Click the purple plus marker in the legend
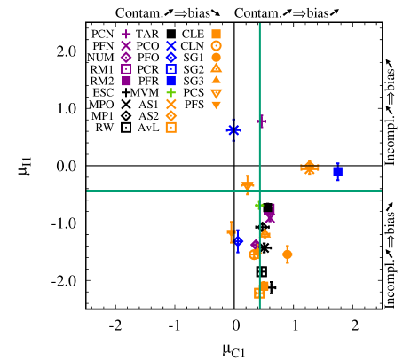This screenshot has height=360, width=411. (x=126, y=35)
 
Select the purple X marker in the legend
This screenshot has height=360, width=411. (x=126, y=45)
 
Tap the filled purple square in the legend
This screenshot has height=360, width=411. (x=126, y=81)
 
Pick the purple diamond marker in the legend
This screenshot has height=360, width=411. (x=126, y=57)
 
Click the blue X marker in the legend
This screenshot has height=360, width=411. (x=171, y=45)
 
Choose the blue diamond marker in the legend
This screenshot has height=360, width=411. (x=171, y=57)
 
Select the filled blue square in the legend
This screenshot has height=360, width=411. (x=171, y=81)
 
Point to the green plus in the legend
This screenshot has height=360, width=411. (x=171, y=92)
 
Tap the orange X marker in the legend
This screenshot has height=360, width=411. (x=171, y=104)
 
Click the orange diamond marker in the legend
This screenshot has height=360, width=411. (x=171, y=115)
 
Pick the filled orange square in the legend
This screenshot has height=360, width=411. (x=216, y=35)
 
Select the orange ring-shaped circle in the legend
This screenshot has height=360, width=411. (x=216, y=45)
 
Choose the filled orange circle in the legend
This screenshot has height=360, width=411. (x=216, y=57)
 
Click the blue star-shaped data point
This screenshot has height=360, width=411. (x=233, y=130)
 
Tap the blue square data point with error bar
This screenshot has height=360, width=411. (x=337, y=171)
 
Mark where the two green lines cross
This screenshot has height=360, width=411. (x=259, y=191)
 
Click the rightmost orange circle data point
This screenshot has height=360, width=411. (x=288, y=254)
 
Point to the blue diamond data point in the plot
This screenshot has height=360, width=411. (x=238, y=241)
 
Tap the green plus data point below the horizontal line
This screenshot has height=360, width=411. (x=259, y=205)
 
